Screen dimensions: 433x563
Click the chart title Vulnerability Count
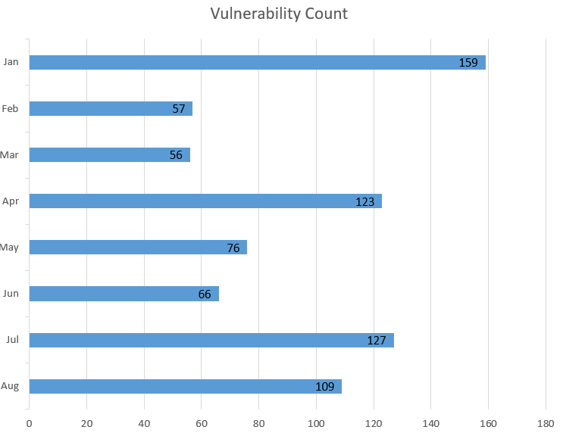tap(279, 14)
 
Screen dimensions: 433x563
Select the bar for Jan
tap(257, 62)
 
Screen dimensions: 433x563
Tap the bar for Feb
tap(111, 108)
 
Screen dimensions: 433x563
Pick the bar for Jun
tap(124, 293)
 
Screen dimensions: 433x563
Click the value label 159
tap(468, 63)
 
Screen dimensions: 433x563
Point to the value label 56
tap(177, 155)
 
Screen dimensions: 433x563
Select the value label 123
tap(365, 201)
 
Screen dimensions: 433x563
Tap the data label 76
tap(233, 248)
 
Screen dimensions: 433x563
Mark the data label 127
tap(377, 341)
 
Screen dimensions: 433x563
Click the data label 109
tap(324, 387)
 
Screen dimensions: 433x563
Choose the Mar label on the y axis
tap(10, 155)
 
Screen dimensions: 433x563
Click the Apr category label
tap(11, 201)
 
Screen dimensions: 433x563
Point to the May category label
tap(10, 248)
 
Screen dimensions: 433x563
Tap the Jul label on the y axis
tap(11, 340)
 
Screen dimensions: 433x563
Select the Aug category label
tap(10, 386)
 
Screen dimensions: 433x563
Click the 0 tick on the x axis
tap(29, 423)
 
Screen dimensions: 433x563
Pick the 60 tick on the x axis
tap(201, 423)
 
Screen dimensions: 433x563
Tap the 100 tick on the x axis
tap(316, 423)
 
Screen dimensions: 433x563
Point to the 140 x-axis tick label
tap(430, 423)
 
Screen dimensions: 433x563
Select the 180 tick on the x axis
tap(546, 423)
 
